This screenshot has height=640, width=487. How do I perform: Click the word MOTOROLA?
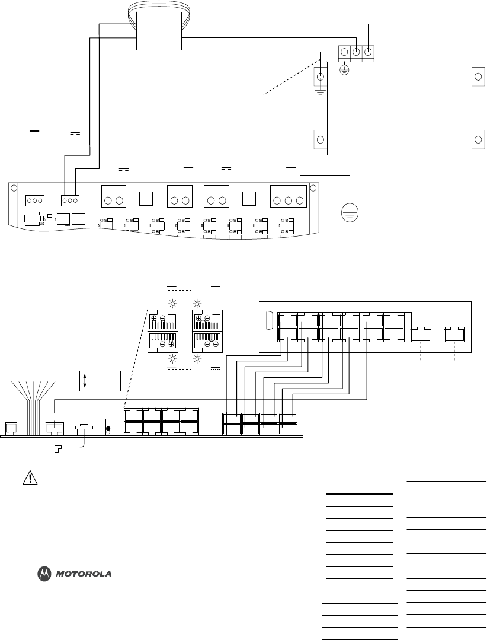click(84, 574)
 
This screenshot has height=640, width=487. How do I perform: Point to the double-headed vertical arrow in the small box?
click(85, 380)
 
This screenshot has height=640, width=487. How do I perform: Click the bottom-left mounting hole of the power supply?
click(320, 140)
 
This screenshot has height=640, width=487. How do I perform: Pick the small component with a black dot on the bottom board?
click(108, 427)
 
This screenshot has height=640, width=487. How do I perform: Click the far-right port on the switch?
click(455, 335)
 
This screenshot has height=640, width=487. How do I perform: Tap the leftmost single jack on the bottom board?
click(11, 428)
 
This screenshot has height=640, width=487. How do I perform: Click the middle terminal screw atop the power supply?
click(357, 52)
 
